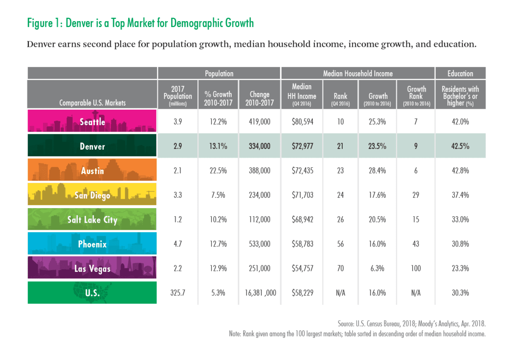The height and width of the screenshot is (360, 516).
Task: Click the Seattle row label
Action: point(92,122)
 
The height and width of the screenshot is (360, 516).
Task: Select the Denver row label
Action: point(92,146)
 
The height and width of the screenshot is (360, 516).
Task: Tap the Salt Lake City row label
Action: point(92,220)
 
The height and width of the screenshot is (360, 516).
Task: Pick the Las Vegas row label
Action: point(92,269)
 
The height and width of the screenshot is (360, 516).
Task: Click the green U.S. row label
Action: point(92,293)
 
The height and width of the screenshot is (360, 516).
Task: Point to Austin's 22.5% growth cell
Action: point(219,171)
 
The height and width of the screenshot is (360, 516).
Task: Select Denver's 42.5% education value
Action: point(460,146)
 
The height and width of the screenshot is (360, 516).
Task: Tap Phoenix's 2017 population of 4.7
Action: point(178,244)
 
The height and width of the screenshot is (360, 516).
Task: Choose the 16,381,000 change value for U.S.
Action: point(259,293)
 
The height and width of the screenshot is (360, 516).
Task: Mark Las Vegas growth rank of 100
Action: point(416,269)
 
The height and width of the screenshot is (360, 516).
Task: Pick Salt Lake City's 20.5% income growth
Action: point(378,220)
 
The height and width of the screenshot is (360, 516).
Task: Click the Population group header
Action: point(219,74)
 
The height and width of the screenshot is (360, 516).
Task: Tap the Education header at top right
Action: point(460,74)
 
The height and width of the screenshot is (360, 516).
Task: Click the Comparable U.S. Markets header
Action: point(92,103)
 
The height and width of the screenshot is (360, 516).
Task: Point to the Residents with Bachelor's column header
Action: point(460,96)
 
